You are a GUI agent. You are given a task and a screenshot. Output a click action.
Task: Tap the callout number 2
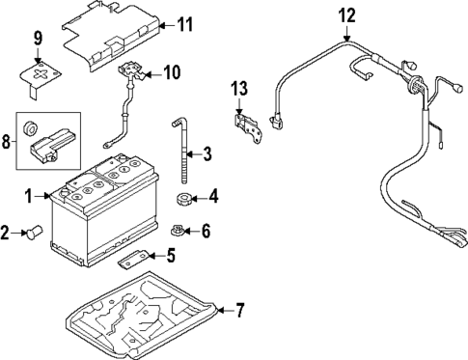(6, 232)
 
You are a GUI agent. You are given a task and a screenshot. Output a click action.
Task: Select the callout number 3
(206, 153)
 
